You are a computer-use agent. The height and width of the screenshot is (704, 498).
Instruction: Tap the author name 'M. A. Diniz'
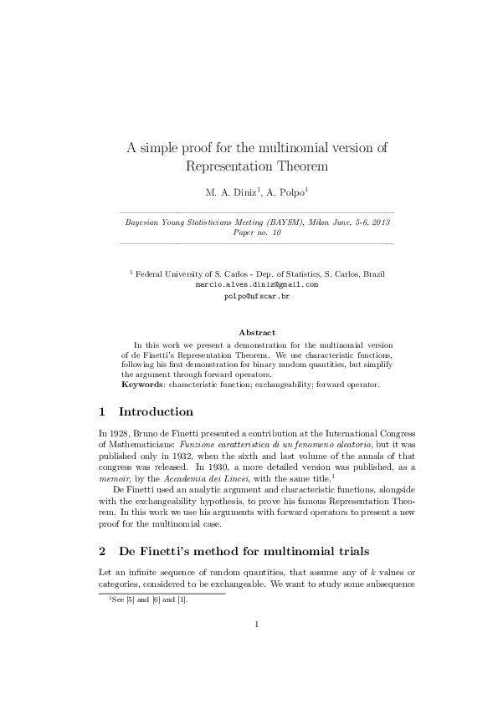tap(228, 192)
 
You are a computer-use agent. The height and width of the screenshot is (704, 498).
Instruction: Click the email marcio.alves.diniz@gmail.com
tap(256, 284)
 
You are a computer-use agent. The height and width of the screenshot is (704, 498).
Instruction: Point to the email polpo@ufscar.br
tap(256, 296)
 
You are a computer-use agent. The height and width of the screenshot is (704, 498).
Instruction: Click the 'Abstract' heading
tap(257, 333)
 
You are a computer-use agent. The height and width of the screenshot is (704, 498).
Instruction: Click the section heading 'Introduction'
tap(157, 412)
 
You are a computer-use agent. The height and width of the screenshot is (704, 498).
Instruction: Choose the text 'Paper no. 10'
tap(257, 234)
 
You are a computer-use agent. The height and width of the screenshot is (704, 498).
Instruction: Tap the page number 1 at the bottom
tap(257, 624)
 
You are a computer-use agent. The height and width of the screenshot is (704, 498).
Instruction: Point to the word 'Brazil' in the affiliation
tap(373, 273)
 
